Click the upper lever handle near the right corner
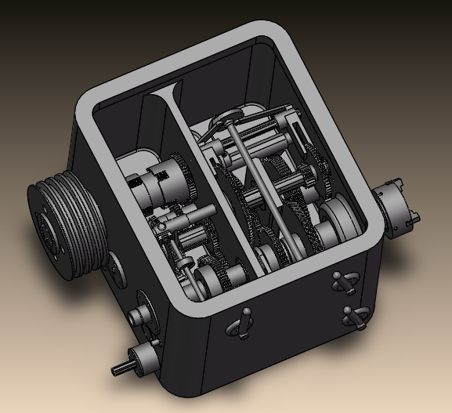coord(343,281)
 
